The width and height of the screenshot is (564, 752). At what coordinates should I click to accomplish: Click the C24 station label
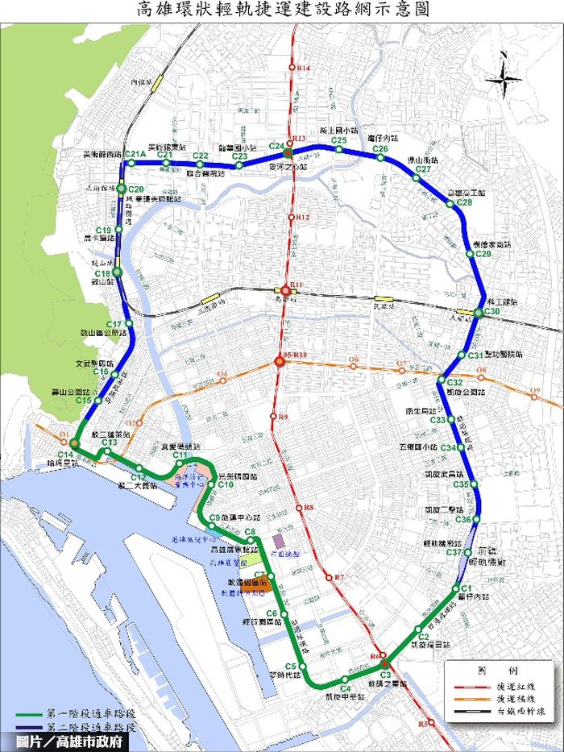pos(276,145)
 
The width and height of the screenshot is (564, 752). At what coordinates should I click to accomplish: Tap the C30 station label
pos(492,311)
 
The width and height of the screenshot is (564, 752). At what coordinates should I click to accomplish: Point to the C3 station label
pos(385,674)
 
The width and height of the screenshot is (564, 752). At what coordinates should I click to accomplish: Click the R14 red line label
pos(304,69)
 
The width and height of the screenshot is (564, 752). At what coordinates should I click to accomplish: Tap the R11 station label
pos(296,285)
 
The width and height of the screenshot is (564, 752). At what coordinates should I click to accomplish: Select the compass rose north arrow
pos(503,78)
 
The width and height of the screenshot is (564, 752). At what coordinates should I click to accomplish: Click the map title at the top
pos(282,10)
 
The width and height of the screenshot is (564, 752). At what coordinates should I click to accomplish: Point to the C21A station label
pos(135,155)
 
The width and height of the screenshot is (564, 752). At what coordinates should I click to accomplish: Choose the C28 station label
pos(463,202)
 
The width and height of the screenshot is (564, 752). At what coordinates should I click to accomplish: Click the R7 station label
pos(339,577)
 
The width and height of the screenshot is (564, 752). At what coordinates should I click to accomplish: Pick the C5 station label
pos(292,666)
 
